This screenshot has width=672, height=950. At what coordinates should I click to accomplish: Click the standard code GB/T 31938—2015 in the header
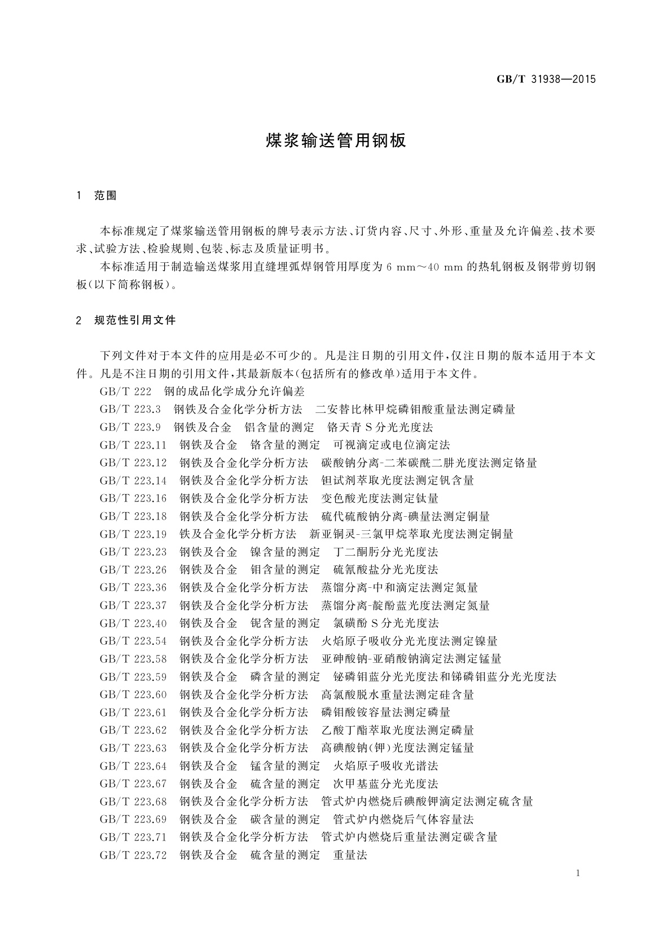(546, 80)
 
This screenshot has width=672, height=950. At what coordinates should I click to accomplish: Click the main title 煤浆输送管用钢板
(336, 141)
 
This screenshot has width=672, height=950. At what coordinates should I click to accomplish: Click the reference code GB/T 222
(126, 392)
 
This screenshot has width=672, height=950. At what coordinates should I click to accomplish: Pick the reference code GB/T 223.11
(133, 445)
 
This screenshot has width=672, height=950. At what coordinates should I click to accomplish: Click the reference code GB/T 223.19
(133, 534)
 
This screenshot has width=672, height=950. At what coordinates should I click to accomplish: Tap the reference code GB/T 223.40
(133, 623)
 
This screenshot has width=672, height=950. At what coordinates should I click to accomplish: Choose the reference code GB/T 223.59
(133, 677)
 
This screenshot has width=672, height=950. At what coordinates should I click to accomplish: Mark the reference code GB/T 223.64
(133, 766)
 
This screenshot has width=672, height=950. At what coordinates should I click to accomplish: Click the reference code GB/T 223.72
(133, 855)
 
